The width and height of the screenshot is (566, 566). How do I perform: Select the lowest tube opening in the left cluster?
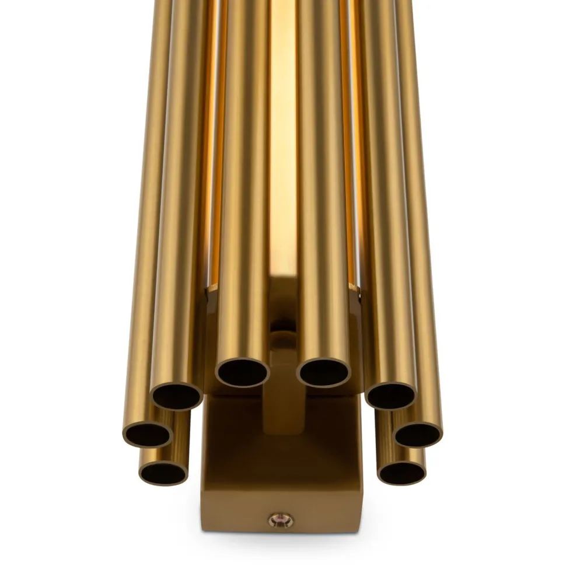coord(163,473)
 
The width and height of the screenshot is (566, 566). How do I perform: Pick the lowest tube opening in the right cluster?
coord(401,472)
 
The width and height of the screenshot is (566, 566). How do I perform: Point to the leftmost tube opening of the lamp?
coord(148,434)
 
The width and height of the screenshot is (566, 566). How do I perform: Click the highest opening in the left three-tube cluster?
coord(177,397)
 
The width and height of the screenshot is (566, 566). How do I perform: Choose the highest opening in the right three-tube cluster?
coord(390,396)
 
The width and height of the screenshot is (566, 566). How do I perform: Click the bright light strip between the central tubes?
coord(282,146)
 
